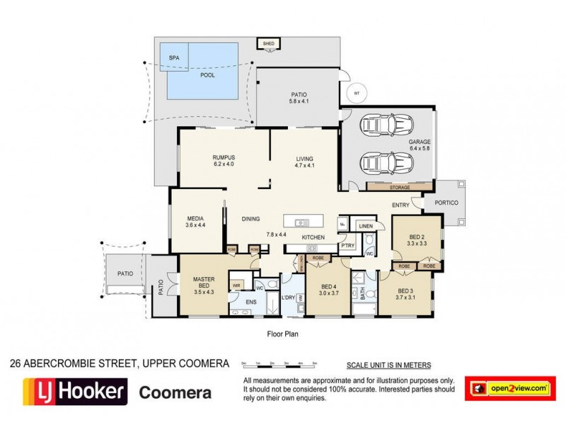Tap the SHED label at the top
(268, 44)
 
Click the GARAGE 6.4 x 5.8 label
(419, 145)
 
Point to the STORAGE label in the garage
(399, 187)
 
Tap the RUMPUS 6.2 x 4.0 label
(223, 161)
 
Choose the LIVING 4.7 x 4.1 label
(304, 161)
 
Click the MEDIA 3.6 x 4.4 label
(195, 222)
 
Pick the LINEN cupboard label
(365, 226)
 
